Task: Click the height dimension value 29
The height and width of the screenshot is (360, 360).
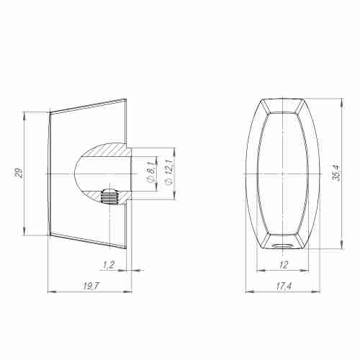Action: tap(19, 173)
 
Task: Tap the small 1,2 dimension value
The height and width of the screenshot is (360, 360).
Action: tap(109, 265)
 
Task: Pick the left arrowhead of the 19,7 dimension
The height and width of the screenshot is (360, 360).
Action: tap(50, 292)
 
